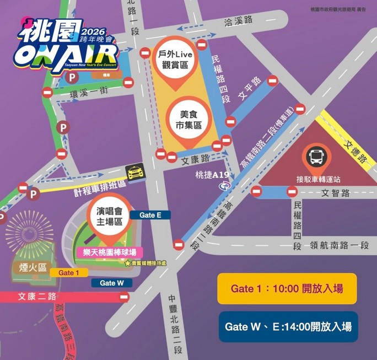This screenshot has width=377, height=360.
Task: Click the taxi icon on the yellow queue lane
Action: (x=134, y=173)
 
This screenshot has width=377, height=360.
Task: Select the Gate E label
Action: (x=150, y=215)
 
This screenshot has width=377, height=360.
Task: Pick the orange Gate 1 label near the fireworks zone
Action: (x=69, y=273)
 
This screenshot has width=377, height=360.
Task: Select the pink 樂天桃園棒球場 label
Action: (x=109, y=252)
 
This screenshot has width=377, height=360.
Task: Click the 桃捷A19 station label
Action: (x=212, y=175)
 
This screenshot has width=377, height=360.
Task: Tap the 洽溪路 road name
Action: (x=238, y=21)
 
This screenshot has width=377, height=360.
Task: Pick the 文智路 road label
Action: (x=336, y=194)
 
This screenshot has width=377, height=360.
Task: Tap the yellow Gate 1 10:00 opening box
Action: (x=287, y=288)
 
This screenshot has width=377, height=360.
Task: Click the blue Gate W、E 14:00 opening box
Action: (x=288, y=326)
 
